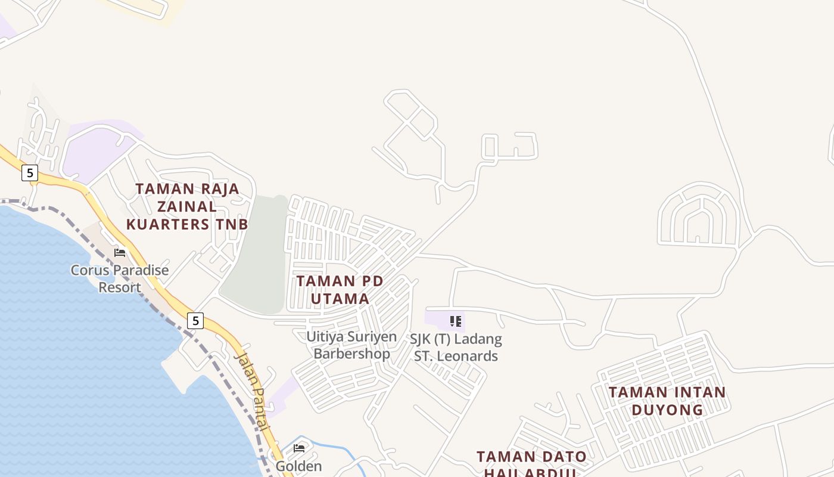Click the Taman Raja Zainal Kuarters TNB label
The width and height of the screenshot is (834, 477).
187,206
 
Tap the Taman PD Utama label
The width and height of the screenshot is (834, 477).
340,289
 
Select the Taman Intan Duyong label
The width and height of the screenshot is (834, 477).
667,401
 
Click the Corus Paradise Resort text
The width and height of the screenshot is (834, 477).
120,278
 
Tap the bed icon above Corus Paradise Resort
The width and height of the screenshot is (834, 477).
120,252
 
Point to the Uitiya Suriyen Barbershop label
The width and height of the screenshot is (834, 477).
351,345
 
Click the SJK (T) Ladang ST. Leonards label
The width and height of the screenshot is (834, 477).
456,348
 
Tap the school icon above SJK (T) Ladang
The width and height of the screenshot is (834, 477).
456,322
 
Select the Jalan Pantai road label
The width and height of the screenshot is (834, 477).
253,391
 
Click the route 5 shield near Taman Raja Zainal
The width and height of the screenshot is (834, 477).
29,173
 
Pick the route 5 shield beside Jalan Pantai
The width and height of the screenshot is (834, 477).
195,320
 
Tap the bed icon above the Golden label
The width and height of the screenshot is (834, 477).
299,448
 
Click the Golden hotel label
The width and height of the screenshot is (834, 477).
298,466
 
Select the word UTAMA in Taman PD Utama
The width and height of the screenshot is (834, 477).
340,298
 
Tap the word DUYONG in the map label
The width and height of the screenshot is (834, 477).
667,410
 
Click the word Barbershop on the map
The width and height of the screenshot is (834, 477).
351,354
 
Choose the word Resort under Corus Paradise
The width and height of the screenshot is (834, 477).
120,287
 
